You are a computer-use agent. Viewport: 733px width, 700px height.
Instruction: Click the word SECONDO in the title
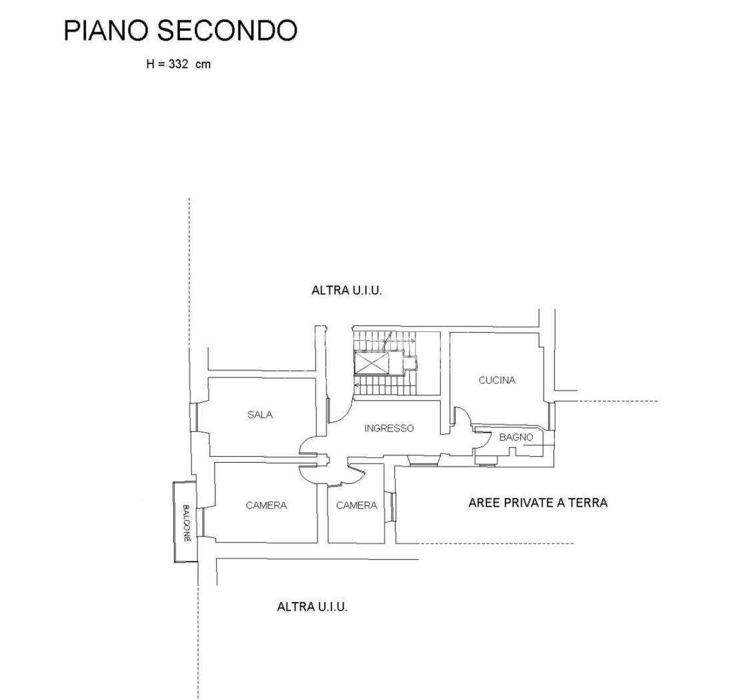point(227,31)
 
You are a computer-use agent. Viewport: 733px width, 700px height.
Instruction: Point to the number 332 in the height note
point(178,64)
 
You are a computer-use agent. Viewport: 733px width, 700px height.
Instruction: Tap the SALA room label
point(260,415)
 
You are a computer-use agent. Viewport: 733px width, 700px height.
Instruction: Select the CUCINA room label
point(497,381)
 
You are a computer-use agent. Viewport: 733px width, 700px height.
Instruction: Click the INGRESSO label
point(389,428)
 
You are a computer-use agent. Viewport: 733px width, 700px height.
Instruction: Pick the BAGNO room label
point(516,437)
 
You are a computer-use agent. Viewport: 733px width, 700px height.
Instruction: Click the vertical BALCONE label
point(186,523)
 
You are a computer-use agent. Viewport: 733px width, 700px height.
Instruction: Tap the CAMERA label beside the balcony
point(267,505)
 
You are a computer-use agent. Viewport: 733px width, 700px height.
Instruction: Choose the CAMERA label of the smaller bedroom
point(357,505)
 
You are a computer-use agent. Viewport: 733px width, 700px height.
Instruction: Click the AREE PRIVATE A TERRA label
point(538,503)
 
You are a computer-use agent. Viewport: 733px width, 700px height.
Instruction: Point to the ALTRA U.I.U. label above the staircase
point(347,291)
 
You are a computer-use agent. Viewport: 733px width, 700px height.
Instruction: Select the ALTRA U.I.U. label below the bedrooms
point(312,607)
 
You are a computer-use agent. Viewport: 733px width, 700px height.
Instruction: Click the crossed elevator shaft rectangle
point(372,363)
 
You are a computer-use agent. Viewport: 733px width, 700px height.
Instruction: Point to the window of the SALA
point(193,417)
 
